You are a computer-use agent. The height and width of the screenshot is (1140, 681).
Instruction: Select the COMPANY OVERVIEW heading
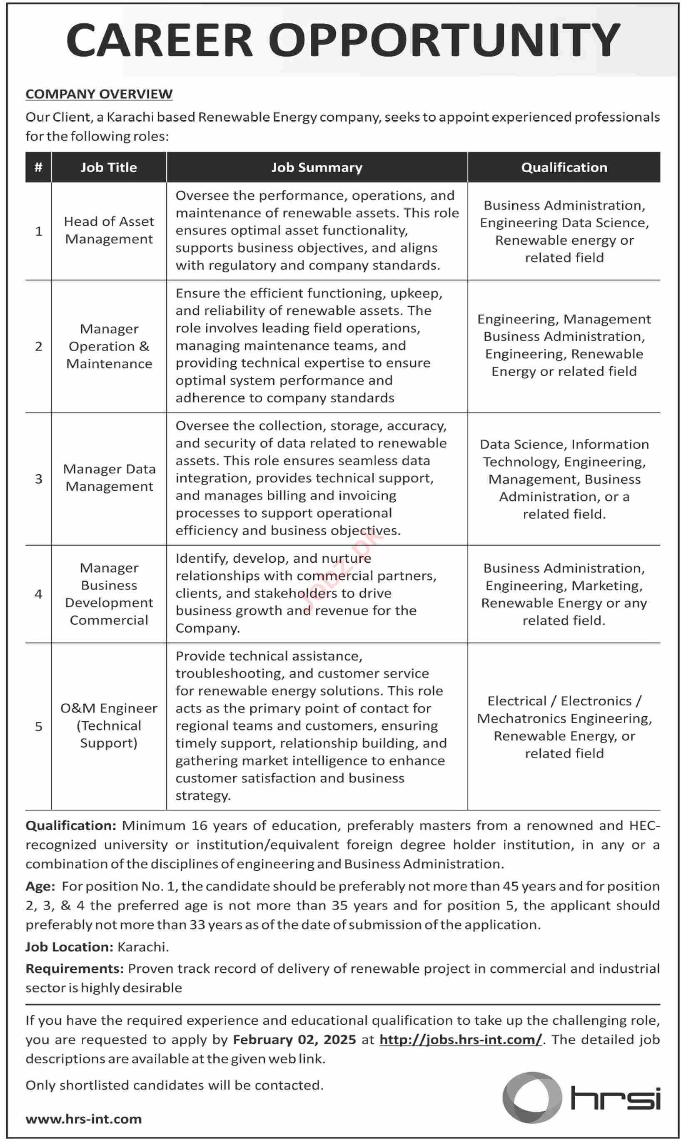[99, 94]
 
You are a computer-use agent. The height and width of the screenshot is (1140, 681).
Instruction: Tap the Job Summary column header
[317, 167]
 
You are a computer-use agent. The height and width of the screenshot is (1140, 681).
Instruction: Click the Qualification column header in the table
[564, 167]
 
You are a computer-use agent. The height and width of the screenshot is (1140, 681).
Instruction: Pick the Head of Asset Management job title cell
[109, 230]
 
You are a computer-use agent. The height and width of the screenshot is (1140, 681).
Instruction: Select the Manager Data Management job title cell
[109, 477]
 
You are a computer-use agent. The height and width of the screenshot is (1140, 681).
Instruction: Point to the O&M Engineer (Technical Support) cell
[109, 725]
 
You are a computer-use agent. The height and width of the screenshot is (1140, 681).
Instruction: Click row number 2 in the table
[39, 346]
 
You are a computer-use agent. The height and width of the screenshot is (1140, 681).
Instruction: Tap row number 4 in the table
[39, 594]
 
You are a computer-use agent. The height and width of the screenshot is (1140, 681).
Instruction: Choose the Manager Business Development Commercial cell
[109, 594]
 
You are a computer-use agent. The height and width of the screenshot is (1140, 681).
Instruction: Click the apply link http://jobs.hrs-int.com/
[460, 1039]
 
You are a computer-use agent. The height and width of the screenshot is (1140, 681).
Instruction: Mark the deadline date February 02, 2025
[294, 1039]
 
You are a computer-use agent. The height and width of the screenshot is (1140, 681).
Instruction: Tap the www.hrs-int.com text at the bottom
[84, 1119]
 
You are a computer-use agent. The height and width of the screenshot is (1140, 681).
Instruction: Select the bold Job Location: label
[69, 946]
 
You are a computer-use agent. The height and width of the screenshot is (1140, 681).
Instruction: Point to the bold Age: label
[40, 886]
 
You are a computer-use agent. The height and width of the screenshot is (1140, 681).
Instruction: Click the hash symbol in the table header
[39, 167]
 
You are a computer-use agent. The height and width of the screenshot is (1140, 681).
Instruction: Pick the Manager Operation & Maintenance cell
[109, 346]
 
